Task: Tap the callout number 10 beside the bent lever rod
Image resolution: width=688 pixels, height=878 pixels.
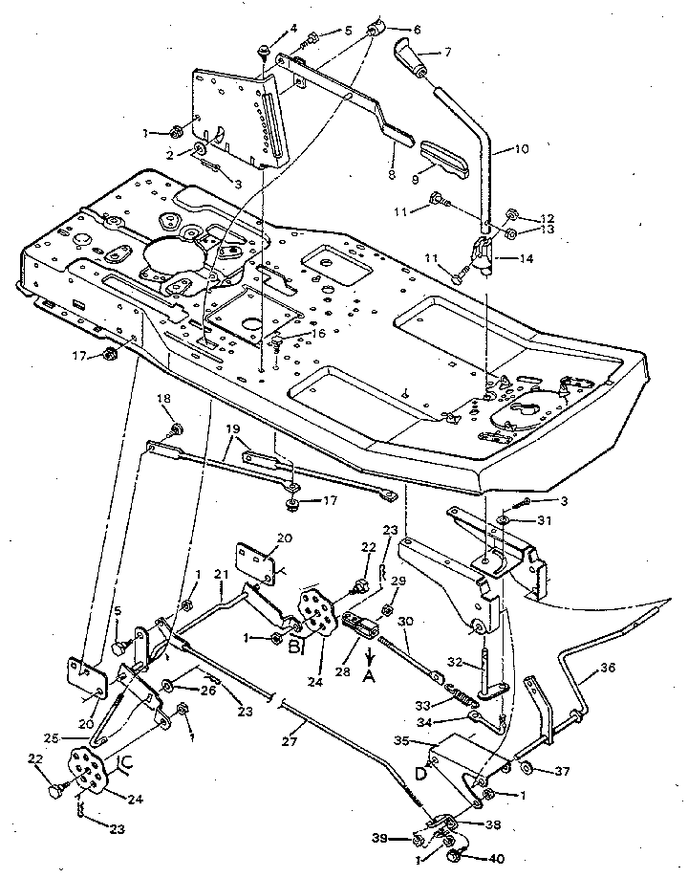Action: click(x=522, y=149)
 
